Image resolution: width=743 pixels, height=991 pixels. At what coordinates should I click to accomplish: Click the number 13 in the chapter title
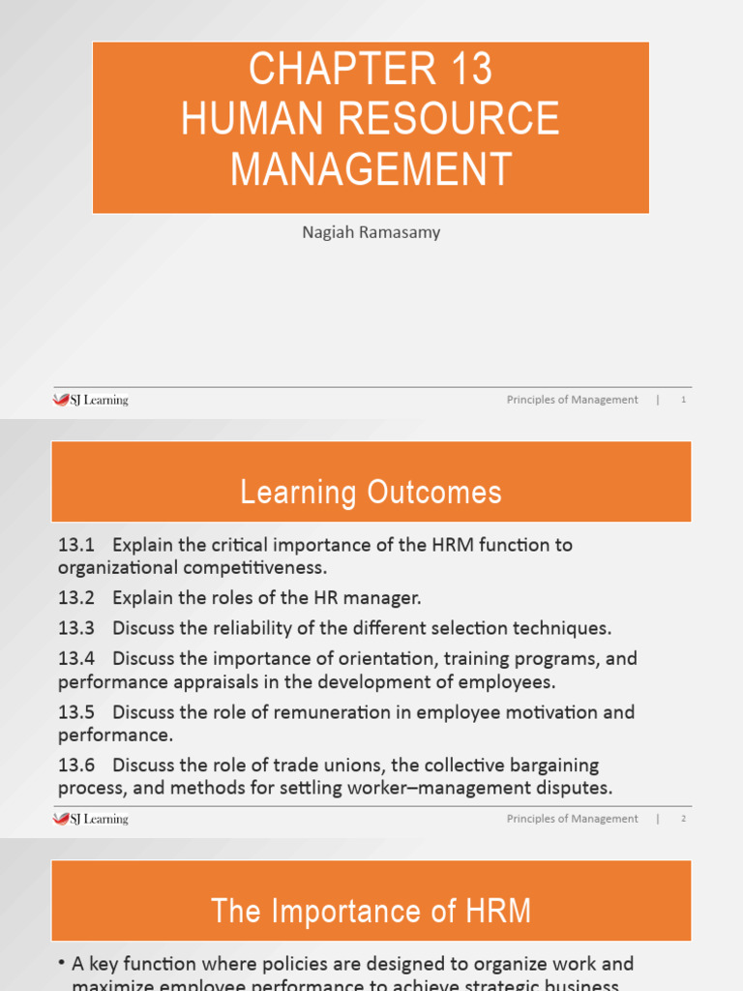[x=470, y=70]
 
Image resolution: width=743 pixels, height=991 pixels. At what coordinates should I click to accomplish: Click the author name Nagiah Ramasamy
[x=371, y=232]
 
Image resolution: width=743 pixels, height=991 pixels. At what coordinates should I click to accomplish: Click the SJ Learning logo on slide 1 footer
[x=90, y=400]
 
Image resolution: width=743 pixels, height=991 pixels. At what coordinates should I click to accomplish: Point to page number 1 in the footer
[x=683, y=400]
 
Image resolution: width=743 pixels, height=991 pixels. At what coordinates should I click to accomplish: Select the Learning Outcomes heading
[x=371, y=493]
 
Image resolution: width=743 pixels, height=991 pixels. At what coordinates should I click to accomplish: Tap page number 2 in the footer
[x=683, y=819]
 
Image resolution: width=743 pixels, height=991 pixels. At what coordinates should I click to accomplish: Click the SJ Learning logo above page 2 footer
[x=90, y=819]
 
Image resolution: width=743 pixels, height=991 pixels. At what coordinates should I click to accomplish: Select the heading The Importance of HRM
[x=371, y=912]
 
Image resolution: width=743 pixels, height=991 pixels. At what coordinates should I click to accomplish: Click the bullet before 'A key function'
[x=61, y=965]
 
